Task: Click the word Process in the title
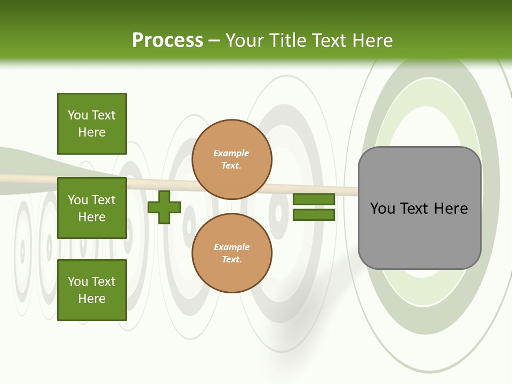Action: (167, 41)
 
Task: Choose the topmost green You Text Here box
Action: (92, 124)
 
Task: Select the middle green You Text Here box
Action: (92, 208)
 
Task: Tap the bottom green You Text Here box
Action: (92, 290)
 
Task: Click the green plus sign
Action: (164, 207)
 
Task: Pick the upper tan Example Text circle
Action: (231, 159)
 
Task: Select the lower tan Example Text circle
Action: (231, 253)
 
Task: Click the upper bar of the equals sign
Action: (314, 199)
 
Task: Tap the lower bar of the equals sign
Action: (314, 215)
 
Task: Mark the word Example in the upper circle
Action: (231, 154)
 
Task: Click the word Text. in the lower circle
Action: (231, 260)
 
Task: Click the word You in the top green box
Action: (78, 116)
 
